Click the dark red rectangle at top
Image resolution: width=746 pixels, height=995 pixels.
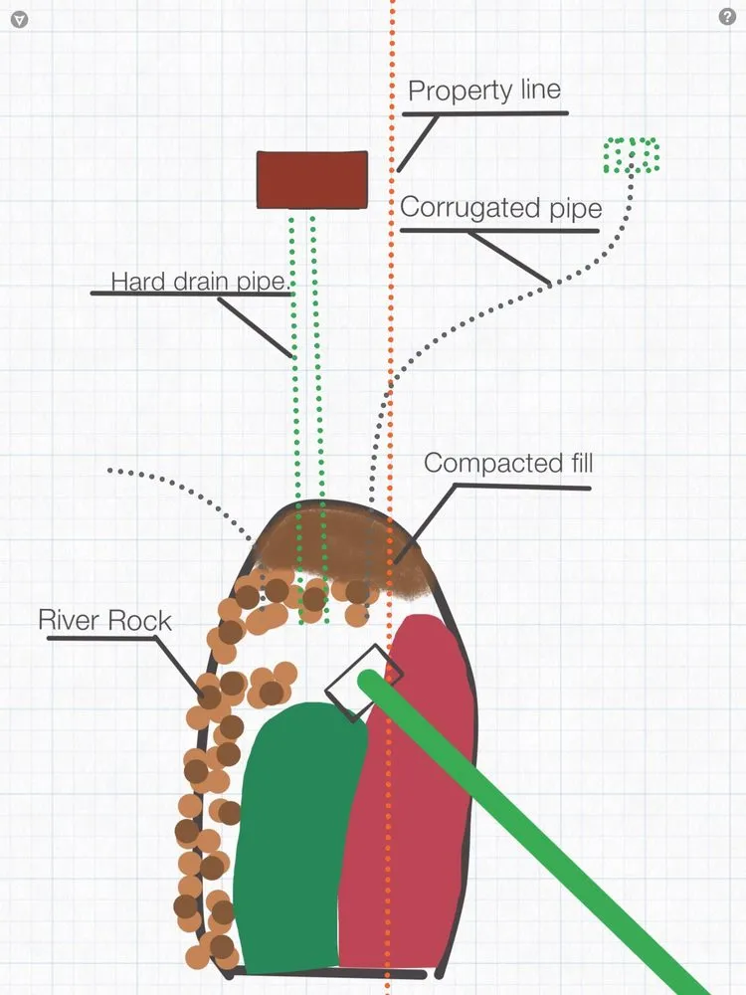[x=312, y=180]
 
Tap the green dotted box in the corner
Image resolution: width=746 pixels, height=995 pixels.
[x=632, y=155]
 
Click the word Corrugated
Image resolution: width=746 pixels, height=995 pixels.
[x=459, y=209]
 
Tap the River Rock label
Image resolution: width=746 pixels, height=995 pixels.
[x=104, y=621]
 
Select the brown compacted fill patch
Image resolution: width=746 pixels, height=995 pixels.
[x=343, y=547]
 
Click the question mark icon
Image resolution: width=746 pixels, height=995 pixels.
[x=726, y=17]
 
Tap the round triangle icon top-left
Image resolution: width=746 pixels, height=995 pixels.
[x=19, y=19]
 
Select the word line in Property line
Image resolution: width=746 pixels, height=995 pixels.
[x=538, y=91]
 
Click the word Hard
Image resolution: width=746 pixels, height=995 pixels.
[x=135, y=282]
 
